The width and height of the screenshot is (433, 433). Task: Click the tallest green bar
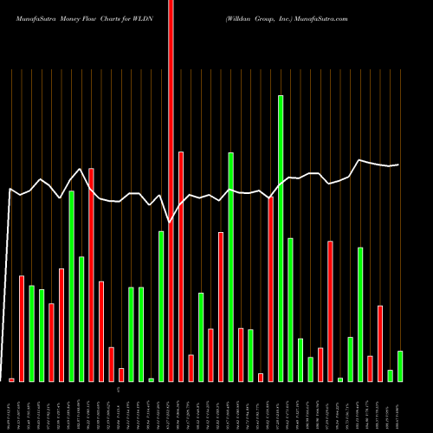(281, 238)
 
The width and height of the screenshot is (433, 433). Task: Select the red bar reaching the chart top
(171, 191)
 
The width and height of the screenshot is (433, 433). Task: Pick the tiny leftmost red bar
(12, 379)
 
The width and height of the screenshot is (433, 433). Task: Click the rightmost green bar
(400, 366)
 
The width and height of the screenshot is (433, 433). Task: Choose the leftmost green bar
(32, 333)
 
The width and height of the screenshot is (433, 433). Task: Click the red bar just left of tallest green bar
(270, 289)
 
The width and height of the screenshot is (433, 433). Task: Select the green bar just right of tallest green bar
(291, 309)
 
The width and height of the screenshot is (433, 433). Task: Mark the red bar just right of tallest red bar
(181, 267)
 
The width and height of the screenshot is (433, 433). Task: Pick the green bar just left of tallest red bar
(161, 307)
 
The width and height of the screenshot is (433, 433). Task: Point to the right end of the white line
(398, 165)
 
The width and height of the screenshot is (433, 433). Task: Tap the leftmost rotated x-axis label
(12, 406)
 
